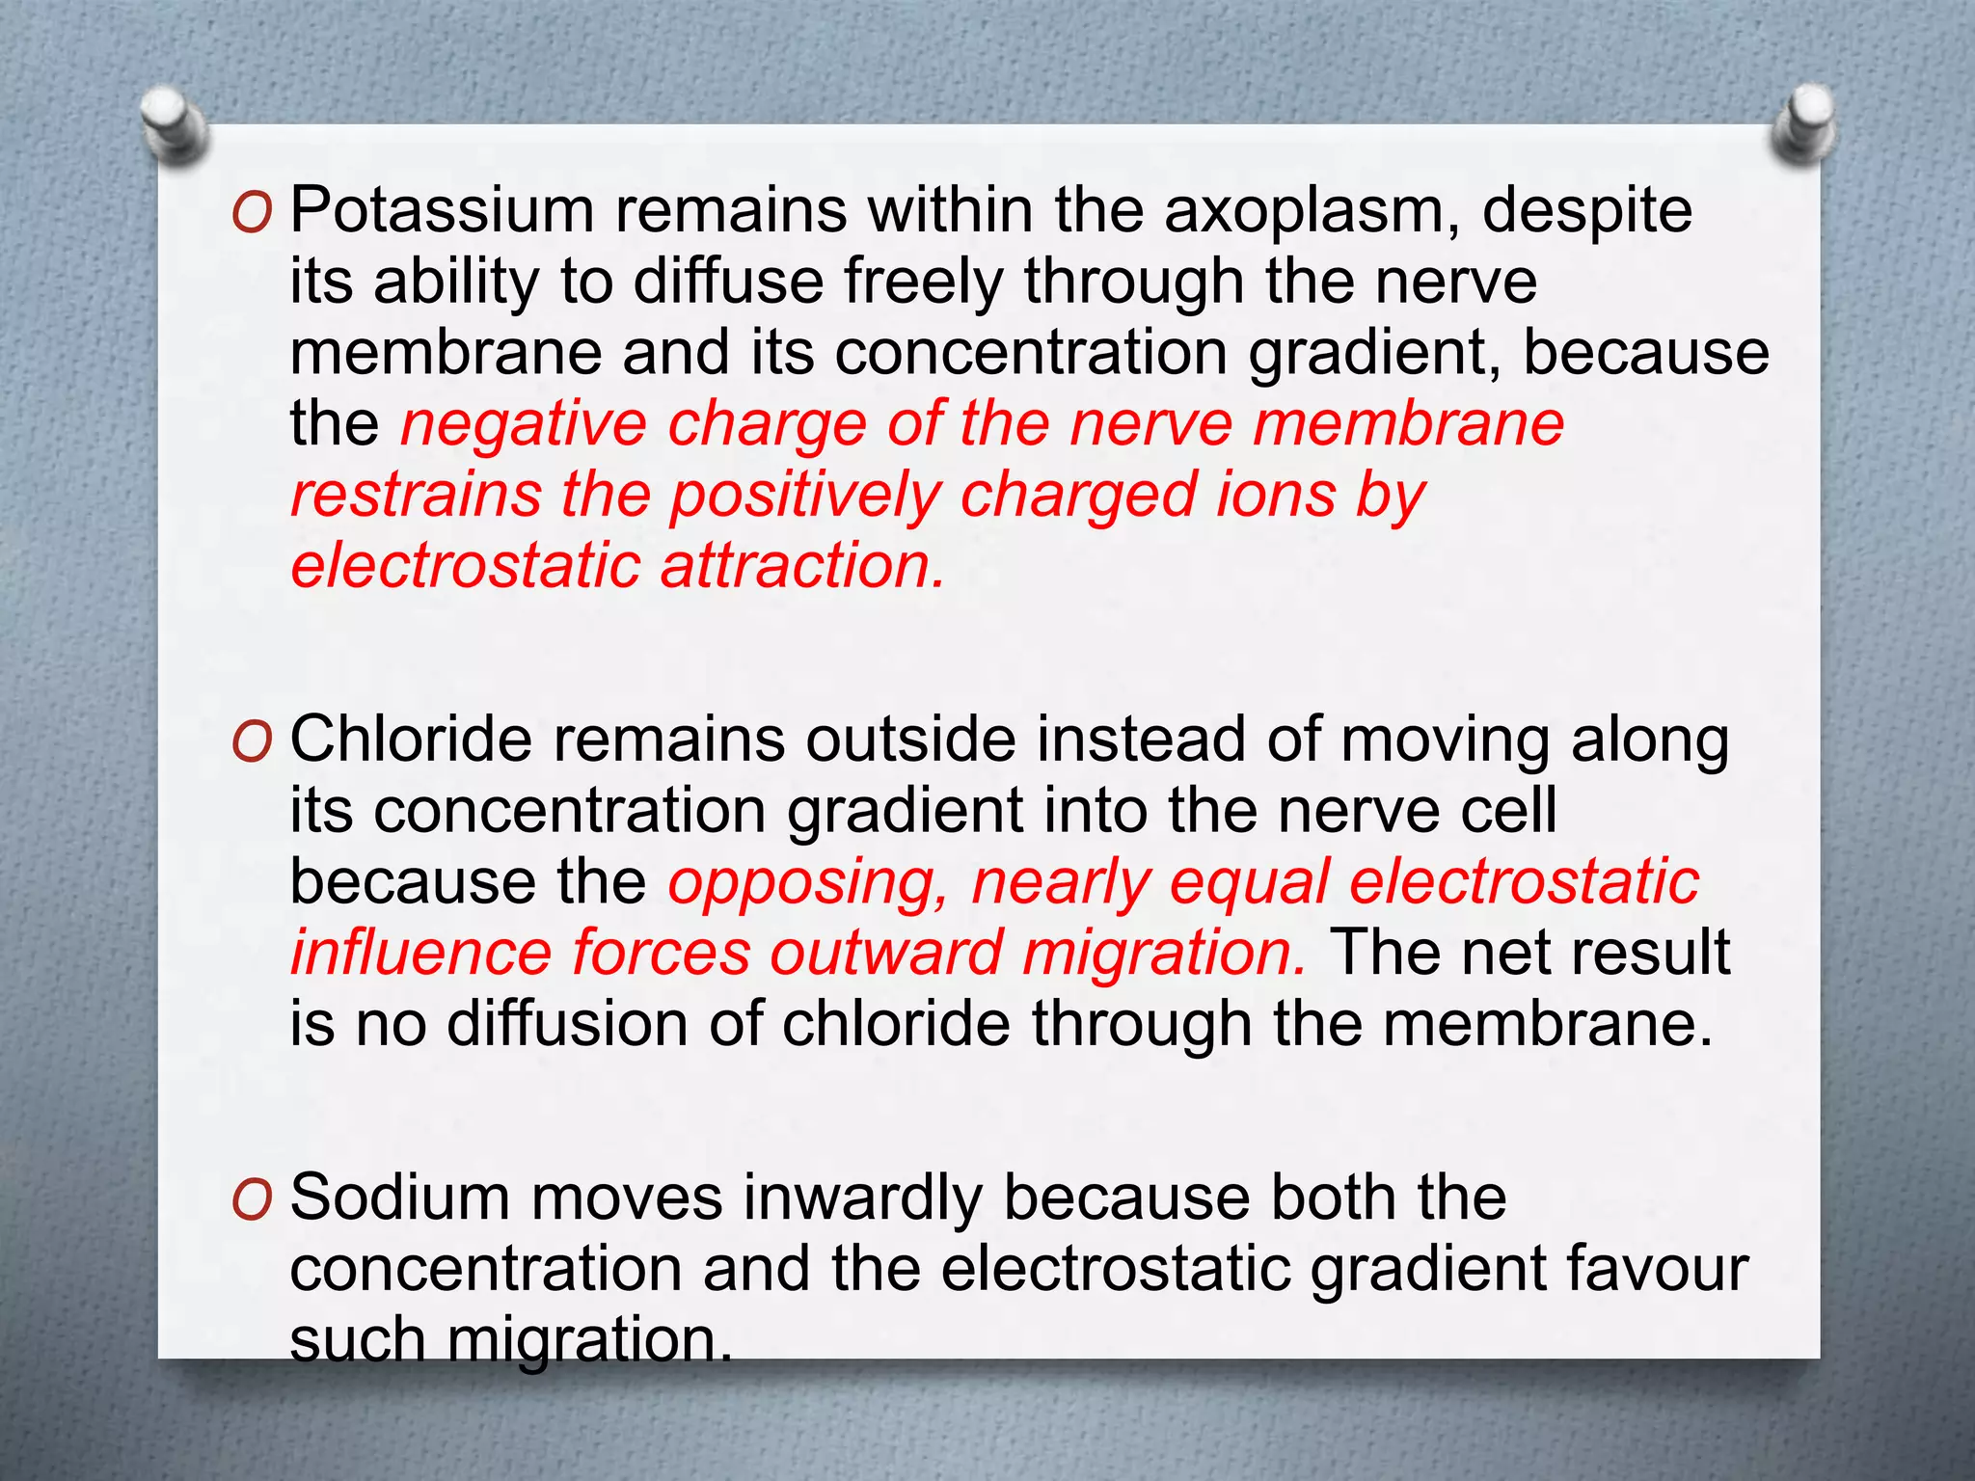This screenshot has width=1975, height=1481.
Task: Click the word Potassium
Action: point(442,210)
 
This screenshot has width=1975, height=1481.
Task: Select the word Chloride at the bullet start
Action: point(411,740)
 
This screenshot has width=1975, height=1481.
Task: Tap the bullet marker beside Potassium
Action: point(253,213)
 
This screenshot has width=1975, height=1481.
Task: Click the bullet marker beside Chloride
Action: point(253,742)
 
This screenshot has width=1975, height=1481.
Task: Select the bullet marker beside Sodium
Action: point(253,1200)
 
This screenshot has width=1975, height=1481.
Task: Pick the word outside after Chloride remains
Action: point(910,740)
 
